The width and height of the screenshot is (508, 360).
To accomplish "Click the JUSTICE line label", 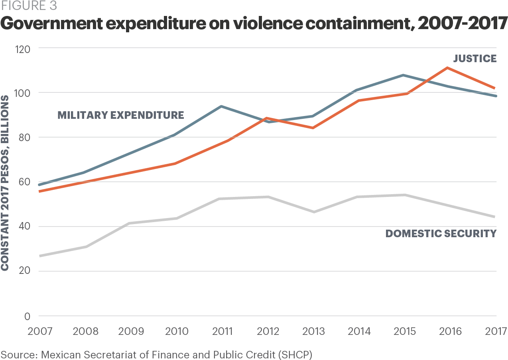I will point(475,59).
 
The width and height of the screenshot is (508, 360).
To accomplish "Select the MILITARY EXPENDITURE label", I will point(121,115).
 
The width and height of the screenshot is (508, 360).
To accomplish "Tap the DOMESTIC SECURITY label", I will point(441,234).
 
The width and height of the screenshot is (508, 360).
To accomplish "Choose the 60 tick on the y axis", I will point(24,182).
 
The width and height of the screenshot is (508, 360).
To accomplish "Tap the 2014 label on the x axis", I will point(359,331).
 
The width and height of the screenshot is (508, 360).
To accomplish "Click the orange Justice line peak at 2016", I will point(448,67).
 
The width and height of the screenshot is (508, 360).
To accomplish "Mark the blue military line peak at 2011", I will point(221,106).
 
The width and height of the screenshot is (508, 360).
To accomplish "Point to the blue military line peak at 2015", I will point(403,75).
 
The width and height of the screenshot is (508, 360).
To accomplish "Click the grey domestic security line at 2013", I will point(313,212).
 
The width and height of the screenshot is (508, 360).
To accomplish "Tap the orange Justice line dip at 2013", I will point(313,128).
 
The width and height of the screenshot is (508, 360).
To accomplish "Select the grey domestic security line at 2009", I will point(128,223).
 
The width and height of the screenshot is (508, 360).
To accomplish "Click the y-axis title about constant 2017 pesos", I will point(5,183).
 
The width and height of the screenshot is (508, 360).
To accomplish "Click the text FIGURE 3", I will point(28,6).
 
